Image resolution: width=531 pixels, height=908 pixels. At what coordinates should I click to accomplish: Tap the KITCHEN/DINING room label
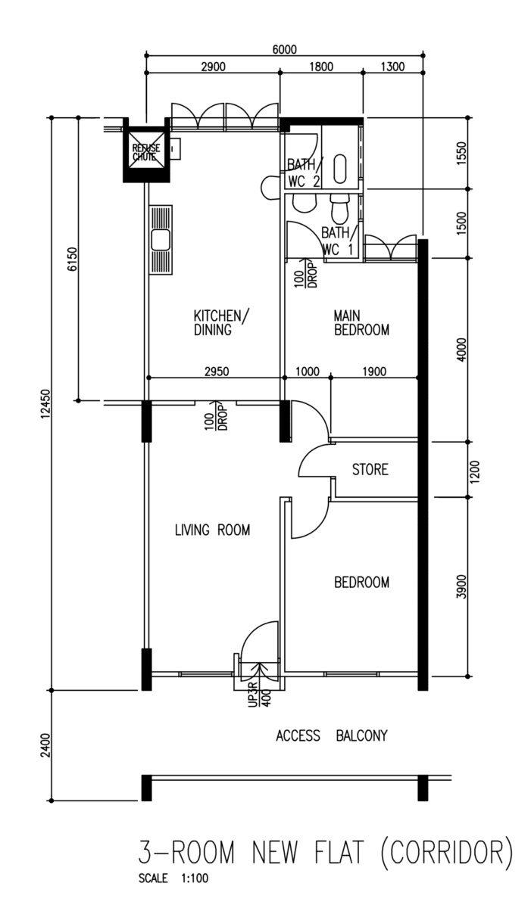point(221,322)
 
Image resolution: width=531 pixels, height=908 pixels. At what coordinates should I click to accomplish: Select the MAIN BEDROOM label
point(361,322)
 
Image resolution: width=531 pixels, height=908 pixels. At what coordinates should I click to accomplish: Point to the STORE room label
point(370,470)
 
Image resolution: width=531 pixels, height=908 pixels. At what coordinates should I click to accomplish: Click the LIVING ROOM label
point(212,530)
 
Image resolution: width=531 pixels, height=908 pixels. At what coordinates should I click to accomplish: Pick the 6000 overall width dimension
point(285,50)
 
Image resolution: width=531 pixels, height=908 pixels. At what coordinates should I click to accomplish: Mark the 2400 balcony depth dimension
point(45,746)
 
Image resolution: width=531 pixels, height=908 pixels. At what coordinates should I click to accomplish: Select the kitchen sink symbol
point(161,241)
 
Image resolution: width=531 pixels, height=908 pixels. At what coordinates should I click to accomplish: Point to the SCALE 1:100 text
point(173,879)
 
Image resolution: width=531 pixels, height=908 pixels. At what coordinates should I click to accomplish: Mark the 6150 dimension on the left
point(73,260)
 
